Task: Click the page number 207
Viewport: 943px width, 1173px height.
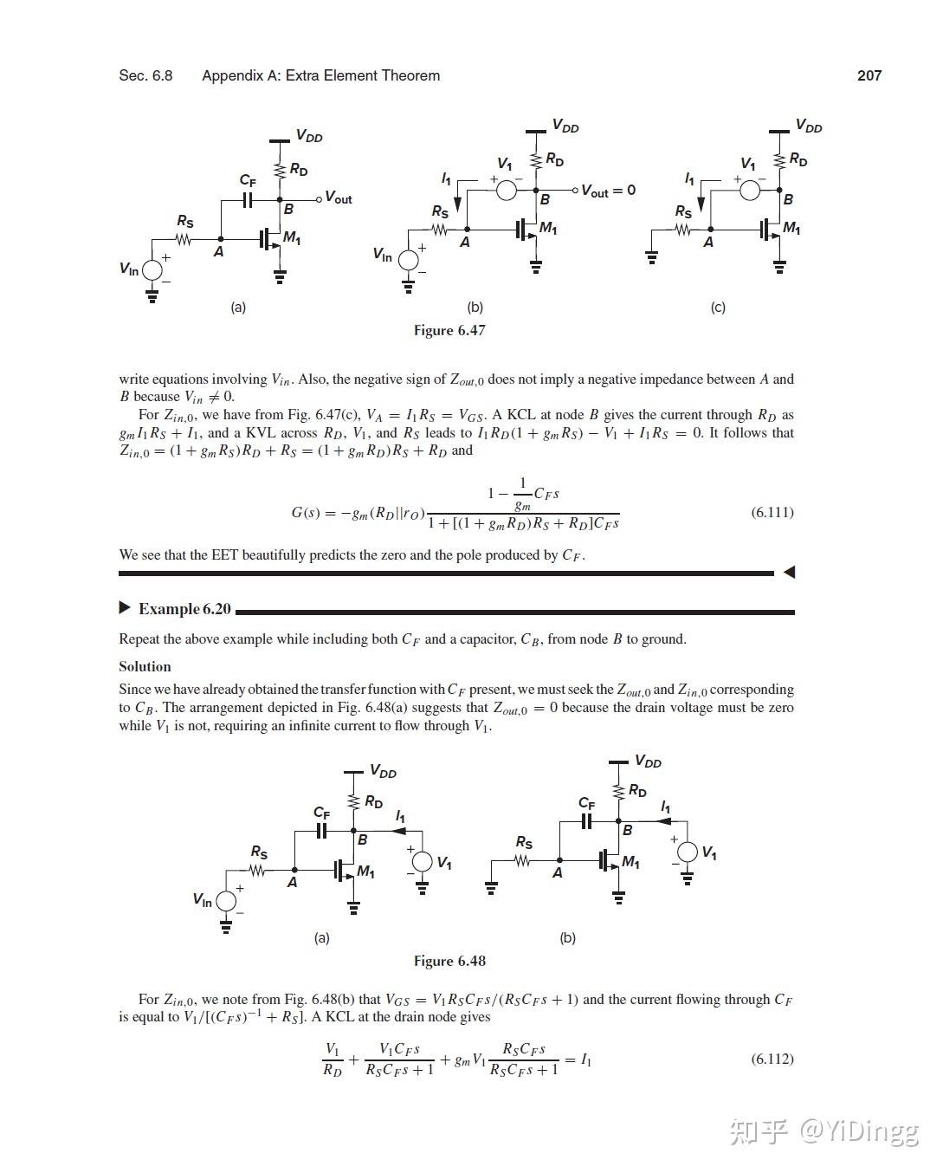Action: (869, 75)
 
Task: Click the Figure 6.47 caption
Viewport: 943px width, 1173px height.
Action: (449, 330)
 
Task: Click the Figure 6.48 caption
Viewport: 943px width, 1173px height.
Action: (449, 961)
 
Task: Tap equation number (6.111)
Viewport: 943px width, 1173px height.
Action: (772, 512)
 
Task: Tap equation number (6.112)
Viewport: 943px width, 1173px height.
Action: (772, 1059)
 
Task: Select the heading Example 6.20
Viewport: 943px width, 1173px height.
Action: (184, 609)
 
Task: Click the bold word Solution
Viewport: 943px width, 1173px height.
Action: (145, 666)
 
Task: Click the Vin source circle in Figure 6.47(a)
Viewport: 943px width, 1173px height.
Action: (152, 269)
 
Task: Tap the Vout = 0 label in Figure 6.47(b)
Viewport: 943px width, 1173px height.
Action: (608, 190)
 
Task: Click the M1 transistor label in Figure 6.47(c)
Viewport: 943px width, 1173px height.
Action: (791, 228)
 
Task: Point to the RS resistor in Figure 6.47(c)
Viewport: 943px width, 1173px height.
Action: (683, 230)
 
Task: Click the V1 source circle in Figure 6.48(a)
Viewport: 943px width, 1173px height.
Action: (422, 861)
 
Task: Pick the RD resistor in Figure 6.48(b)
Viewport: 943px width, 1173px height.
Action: (618, 791)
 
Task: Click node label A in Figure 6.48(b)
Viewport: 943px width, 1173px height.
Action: (557, 872)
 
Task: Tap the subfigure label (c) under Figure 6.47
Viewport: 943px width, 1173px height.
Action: (718, 307)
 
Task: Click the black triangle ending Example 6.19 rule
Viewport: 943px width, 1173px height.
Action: (788, 572)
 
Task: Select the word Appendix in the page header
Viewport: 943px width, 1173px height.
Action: (229, 75)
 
